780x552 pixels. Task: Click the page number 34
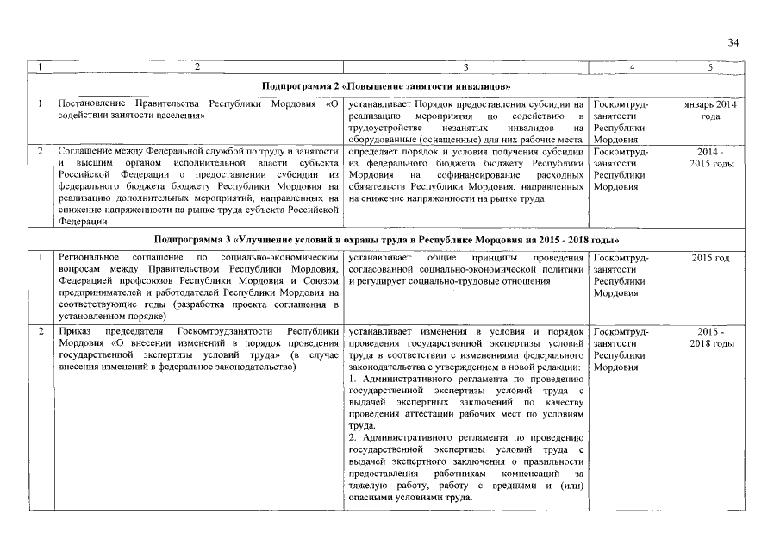pyautogui.click(x=733, y=42)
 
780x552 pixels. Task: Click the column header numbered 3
pyautogui.click(x=465, y=67)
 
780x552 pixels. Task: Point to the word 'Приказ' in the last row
pyautogui.click(x=72, y=332)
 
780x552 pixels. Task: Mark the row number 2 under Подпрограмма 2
pyautogui.click(x=41, y=152)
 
